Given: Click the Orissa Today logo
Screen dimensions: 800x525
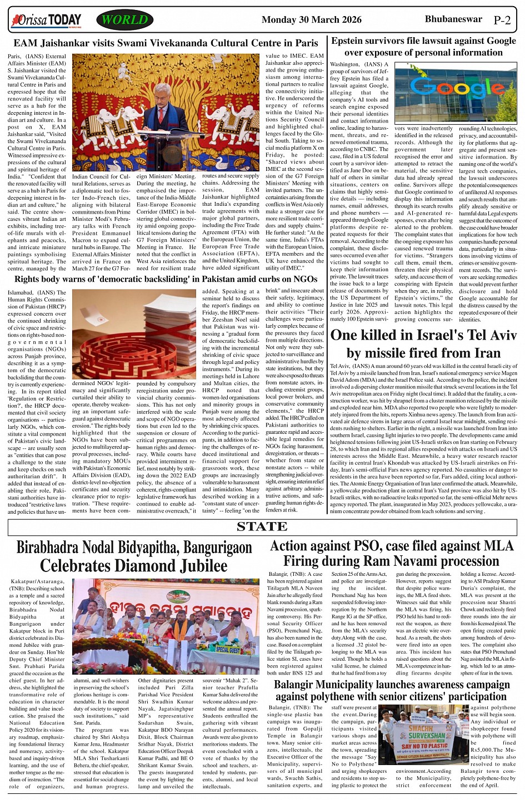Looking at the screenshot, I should click(x=47, y=21).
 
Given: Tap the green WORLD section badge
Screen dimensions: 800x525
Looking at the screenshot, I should click(x=124, y=20).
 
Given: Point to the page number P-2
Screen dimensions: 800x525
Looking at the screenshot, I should click(x=502, y=21).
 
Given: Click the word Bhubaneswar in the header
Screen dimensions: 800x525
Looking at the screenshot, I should click(x=453, y=19).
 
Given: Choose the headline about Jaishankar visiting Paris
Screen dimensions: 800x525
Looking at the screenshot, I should click(x=166, y=43).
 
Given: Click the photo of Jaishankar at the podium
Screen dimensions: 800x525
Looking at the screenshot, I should click(x=166, y=112).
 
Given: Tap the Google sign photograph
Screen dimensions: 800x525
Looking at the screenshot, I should click(x=456, y=92).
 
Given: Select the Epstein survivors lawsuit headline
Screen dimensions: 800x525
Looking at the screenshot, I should click(x=423, y=47).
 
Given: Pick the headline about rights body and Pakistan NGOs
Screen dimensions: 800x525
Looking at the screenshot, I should click(x=166, y=279).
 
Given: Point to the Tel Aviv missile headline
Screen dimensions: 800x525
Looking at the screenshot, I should click(x=423, y=344).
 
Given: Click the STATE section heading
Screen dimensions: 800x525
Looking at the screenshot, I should click(x=262, y=526).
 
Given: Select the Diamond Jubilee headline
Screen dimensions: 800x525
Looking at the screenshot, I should click(x=134, y=556).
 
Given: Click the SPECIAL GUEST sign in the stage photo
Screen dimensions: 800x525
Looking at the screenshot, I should click(x=228, y=649).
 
